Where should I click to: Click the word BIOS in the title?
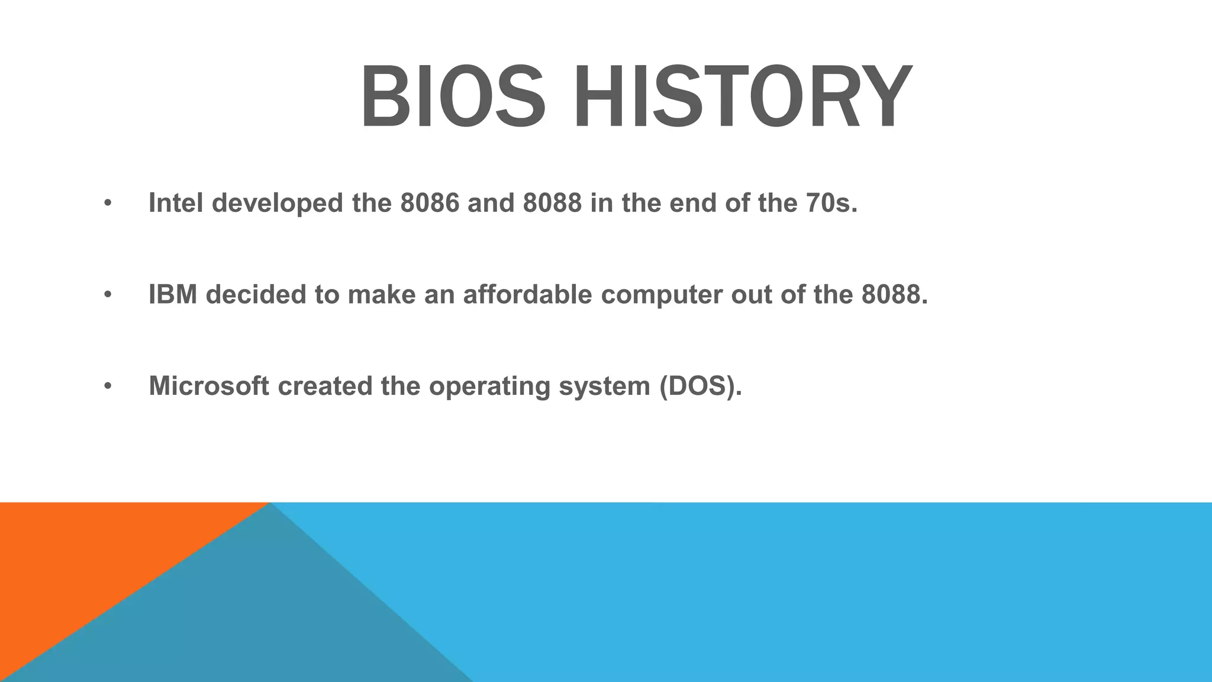[453, 98]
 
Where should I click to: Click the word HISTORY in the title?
[743, 98]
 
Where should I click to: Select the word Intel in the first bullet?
[176, 203]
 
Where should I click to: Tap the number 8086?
[430, 203]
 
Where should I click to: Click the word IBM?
[173, 295]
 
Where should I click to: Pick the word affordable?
[527, 295]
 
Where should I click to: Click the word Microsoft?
[209, 386]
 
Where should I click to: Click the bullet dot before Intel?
[107, 204]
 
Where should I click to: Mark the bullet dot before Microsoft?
[107, 387]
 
